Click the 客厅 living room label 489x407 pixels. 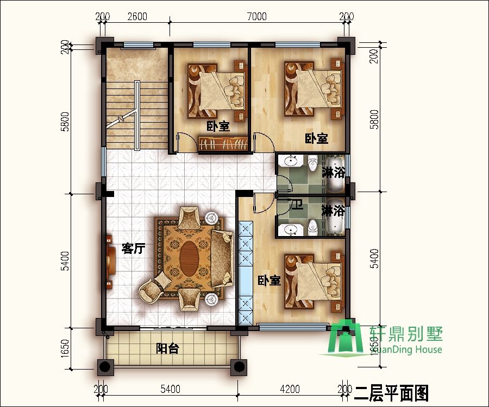(x=133, y=249)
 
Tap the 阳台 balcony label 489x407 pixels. (x=167, y=348)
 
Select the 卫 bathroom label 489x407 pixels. (x=297, y=206)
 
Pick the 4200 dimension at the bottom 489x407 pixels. (x=290, y=389)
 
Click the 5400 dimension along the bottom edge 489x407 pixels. (x=170, y=389)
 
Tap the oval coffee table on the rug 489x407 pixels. (x=189, y=257)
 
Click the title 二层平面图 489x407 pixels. (x=392, y=392)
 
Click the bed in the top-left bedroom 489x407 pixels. (x=214, y=90)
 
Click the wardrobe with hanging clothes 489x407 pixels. (x=223, y=144)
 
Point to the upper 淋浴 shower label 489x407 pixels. (x=333, y=173)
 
